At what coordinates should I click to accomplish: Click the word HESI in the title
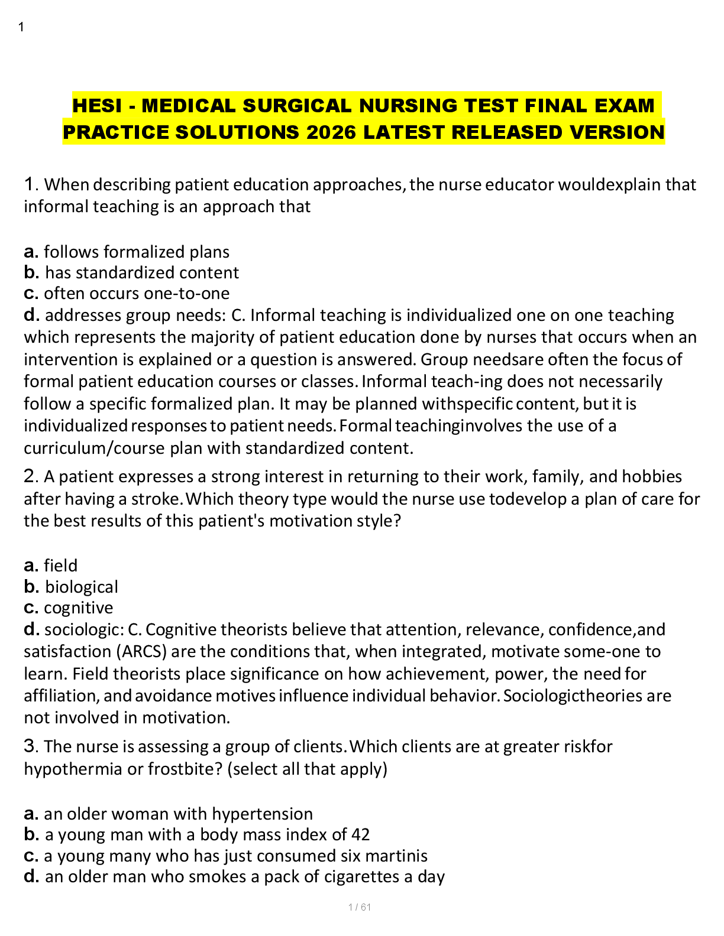[97, 106]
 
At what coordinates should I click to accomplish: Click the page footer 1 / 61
[360, 907]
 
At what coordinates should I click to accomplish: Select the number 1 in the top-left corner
[21, 27]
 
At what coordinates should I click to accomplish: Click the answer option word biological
[82, 587]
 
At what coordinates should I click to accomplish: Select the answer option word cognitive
[78, 607]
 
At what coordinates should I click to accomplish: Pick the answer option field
[60, 565]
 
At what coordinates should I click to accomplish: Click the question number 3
[30, 746]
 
